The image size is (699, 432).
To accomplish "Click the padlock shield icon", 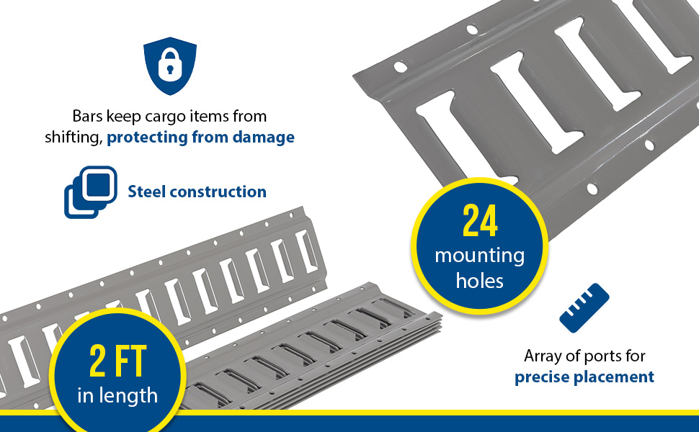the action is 170,66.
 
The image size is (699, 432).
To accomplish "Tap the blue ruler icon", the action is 584,307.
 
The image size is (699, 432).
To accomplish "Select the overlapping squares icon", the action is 91,192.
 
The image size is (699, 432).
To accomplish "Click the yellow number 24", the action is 480,220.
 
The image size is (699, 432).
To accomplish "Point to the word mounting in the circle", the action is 480,256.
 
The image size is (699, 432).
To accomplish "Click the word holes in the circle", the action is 480,281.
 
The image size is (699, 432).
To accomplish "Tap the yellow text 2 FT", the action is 117,361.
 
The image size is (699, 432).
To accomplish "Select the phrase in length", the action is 117,395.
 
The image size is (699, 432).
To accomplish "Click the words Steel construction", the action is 197,192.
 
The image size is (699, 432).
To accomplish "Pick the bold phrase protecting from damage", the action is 200,138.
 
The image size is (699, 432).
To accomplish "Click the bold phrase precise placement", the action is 584,377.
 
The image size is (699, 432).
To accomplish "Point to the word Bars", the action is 88,116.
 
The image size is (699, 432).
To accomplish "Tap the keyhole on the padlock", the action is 170,69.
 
